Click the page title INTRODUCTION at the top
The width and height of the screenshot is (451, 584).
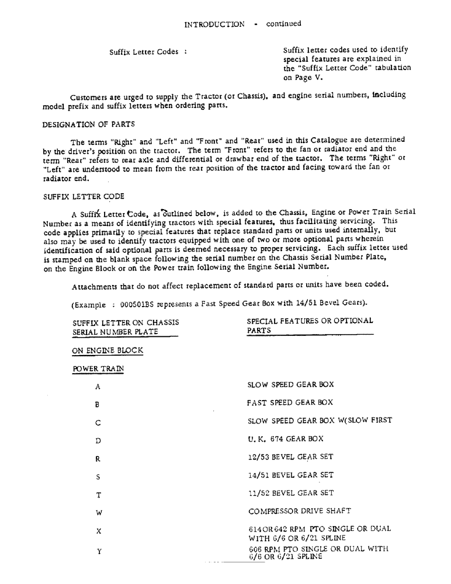[214, 25]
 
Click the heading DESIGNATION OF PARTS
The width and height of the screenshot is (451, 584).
[89, 124]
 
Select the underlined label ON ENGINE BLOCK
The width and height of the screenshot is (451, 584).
[107, 350]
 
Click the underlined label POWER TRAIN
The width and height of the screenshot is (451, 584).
[98, 369]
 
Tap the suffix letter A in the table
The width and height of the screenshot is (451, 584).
[98, 387]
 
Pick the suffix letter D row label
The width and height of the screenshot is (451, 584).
[98, 440]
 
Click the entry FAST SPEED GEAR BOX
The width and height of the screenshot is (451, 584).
[290, 402]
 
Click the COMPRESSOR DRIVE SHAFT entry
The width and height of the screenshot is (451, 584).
[299, 511]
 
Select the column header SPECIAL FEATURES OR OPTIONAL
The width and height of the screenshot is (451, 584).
[310, 321]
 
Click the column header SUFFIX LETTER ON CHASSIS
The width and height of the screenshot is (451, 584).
[126, 322]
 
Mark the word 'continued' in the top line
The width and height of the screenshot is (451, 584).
[284, 24]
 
